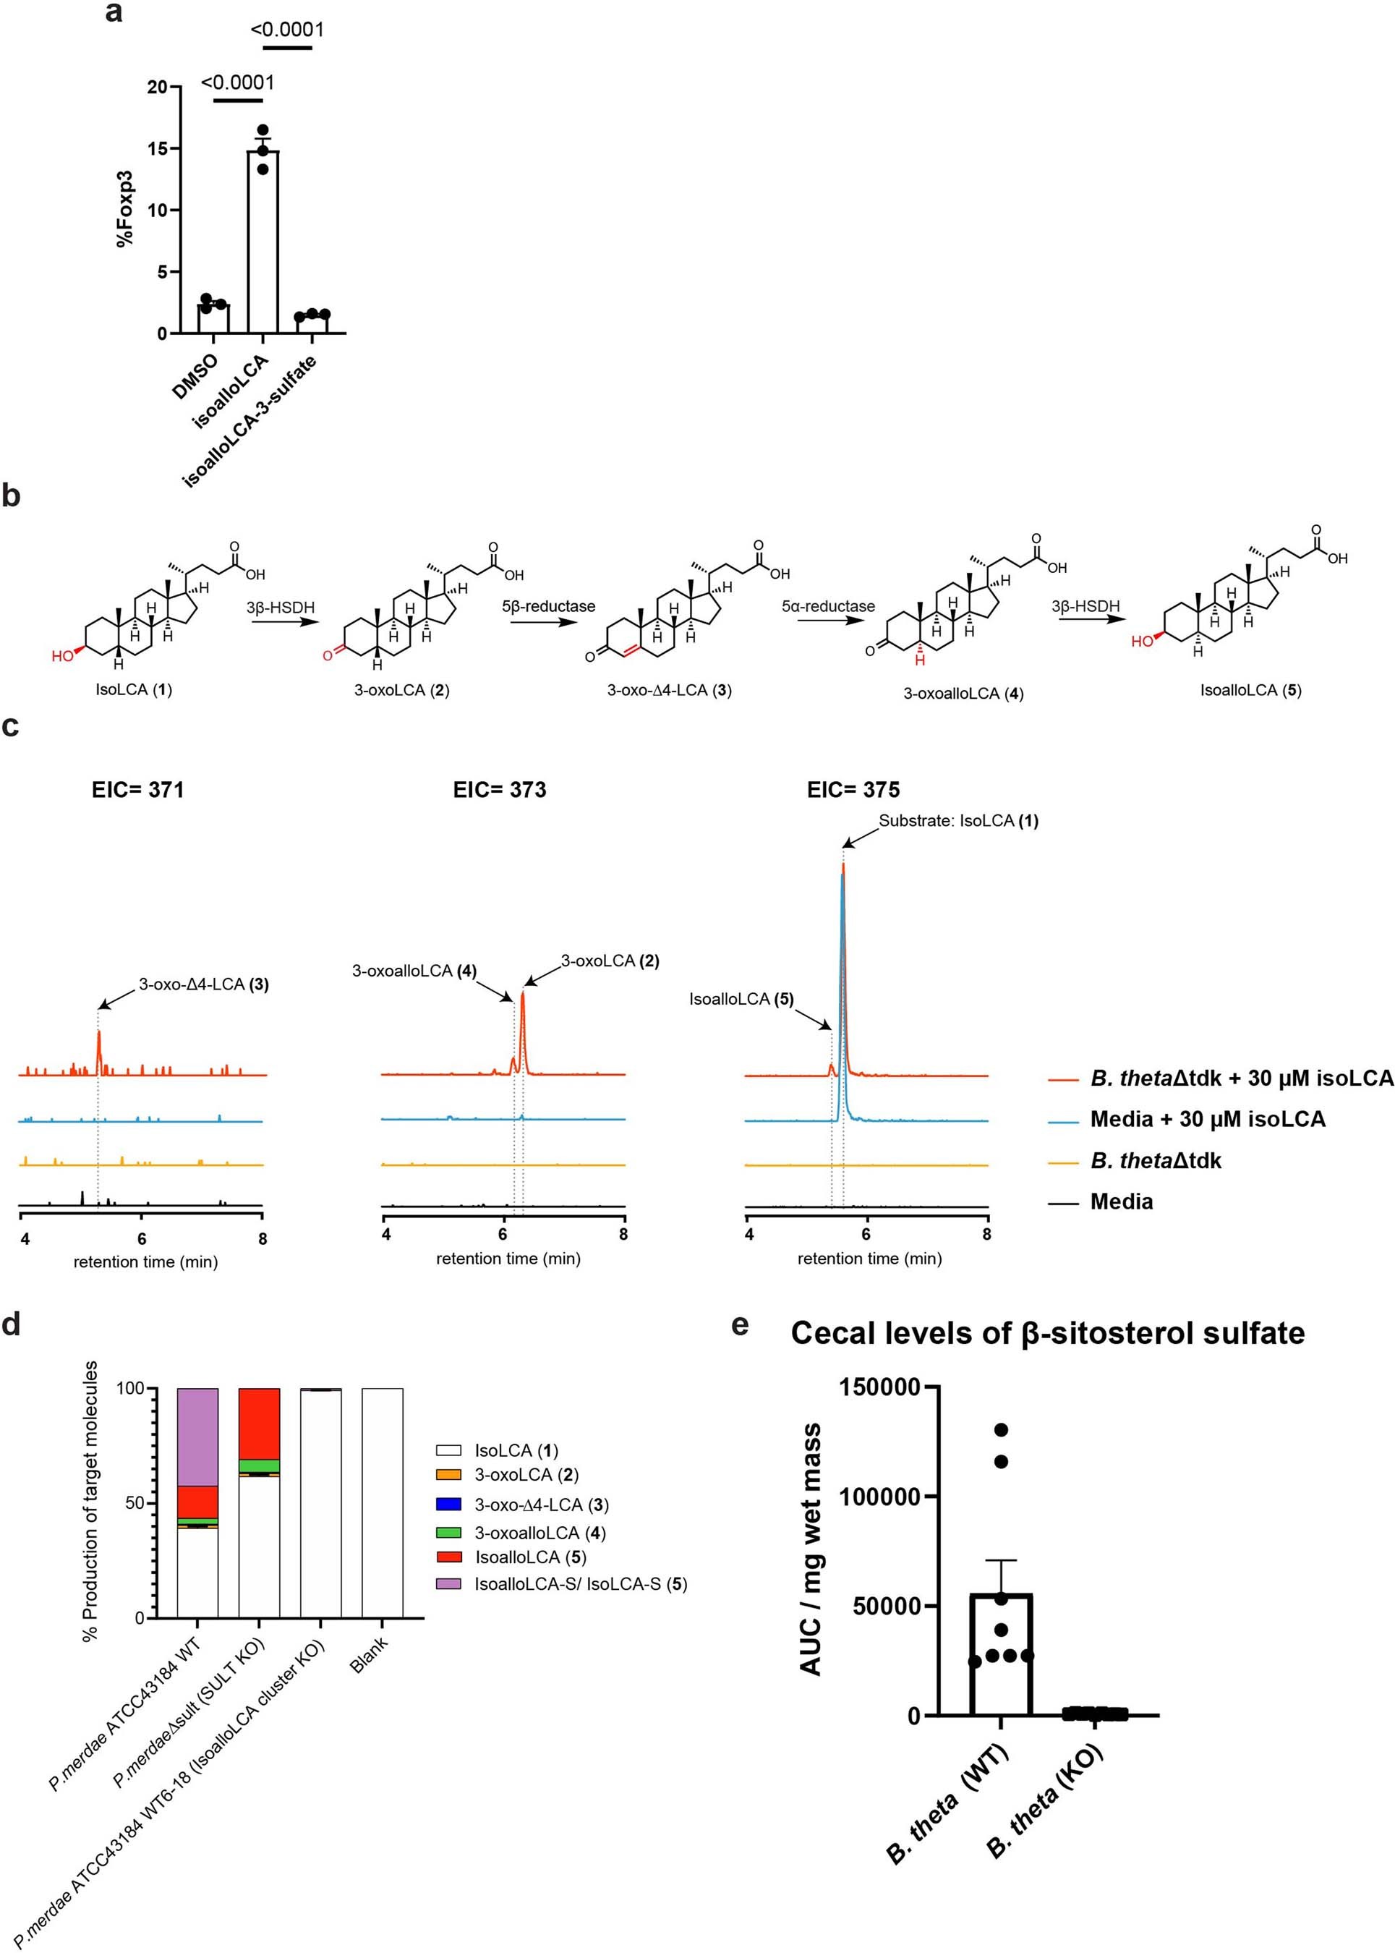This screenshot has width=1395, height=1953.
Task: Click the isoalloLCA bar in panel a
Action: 263,249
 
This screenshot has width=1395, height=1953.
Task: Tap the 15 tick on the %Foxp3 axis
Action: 157,148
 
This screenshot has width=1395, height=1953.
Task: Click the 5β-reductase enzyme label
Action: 548,607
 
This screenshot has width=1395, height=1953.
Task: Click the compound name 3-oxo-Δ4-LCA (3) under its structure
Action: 669,690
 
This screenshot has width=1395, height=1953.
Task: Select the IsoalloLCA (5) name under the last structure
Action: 1250,690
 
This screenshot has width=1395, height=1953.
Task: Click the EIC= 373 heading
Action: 499,790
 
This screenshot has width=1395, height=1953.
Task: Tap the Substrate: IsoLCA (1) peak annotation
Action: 957,820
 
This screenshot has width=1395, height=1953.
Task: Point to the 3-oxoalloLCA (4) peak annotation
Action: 414,971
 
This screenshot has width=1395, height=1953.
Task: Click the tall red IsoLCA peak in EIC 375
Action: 843,945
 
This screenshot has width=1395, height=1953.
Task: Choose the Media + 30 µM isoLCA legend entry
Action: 1207,1120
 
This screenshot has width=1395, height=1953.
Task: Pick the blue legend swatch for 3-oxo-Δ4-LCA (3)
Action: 448,1505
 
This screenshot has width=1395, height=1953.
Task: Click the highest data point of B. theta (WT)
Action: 1001,1430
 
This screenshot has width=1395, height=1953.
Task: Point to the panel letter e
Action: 740,1326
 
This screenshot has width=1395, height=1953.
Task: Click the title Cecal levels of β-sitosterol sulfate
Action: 1047,1334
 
